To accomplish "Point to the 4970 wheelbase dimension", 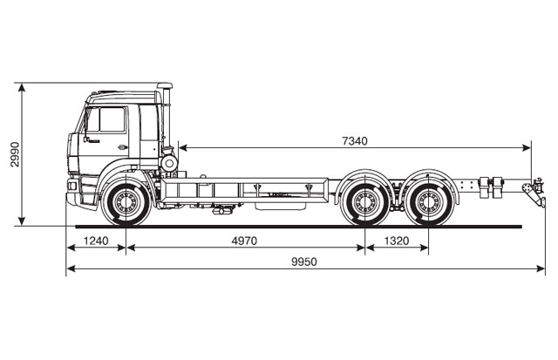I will click(x=245, y=241).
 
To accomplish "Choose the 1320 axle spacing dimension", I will click(x=397, y=241).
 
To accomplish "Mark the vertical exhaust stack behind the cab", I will click(x=164, y=118).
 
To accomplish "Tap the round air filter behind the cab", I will click(x=168, y=162).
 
